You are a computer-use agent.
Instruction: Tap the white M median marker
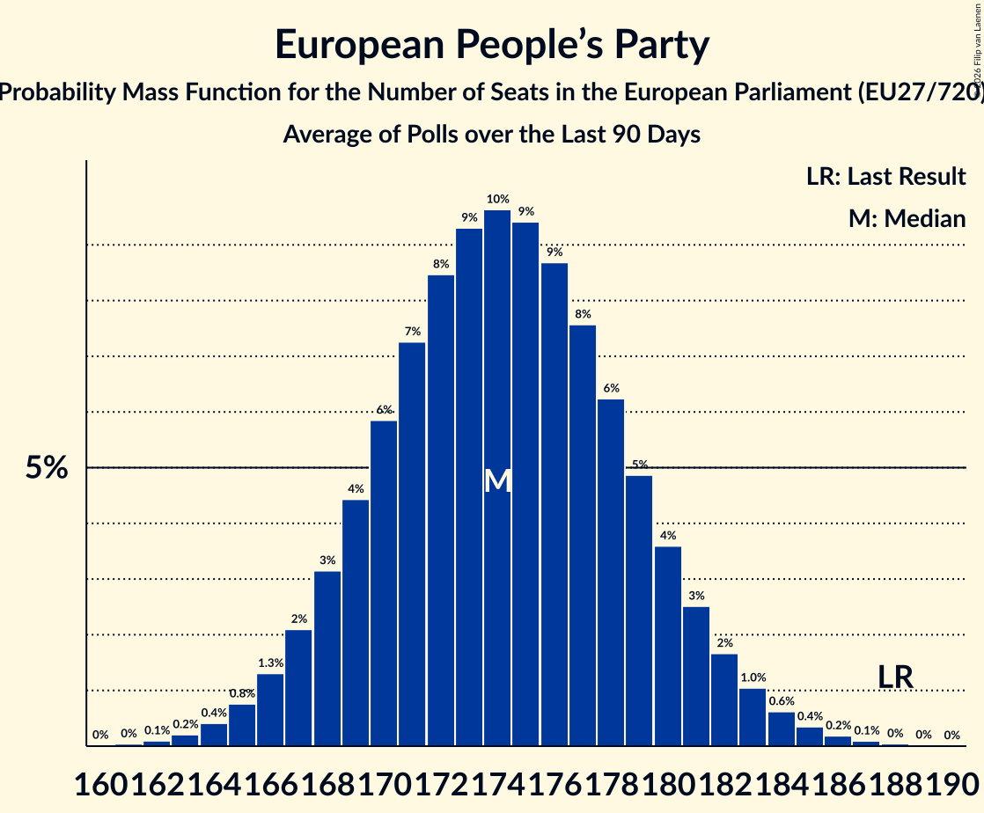tap(497, 480)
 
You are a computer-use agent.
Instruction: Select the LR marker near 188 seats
tap(895, 677)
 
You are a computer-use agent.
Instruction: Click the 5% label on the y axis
tap(47, 468)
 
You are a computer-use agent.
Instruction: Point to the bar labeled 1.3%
tap(270, 709)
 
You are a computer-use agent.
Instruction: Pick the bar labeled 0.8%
tap(242, 725)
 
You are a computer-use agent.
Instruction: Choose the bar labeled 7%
tap(412, 544)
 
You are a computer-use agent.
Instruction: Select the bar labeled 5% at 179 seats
tap(639, 611)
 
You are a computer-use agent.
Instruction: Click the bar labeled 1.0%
tap(753, 717)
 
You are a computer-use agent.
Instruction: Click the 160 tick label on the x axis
tap(100, 781)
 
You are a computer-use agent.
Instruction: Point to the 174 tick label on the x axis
tap(497, 781)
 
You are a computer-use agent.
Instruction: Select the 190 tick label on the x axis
tap(951, 781)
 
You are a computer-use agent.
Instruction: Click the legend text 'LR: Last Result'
tap(885, 176)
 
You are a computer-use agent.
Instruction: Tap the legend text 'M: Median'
tap(907, 218)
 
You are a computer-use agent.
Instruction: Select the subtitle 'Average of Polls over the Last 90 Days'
tap(491, 135)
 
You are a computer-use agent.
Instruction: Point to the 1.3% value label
tap(270, 663)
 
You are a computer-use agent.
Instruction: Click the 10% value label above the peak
tap(497, 200)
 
